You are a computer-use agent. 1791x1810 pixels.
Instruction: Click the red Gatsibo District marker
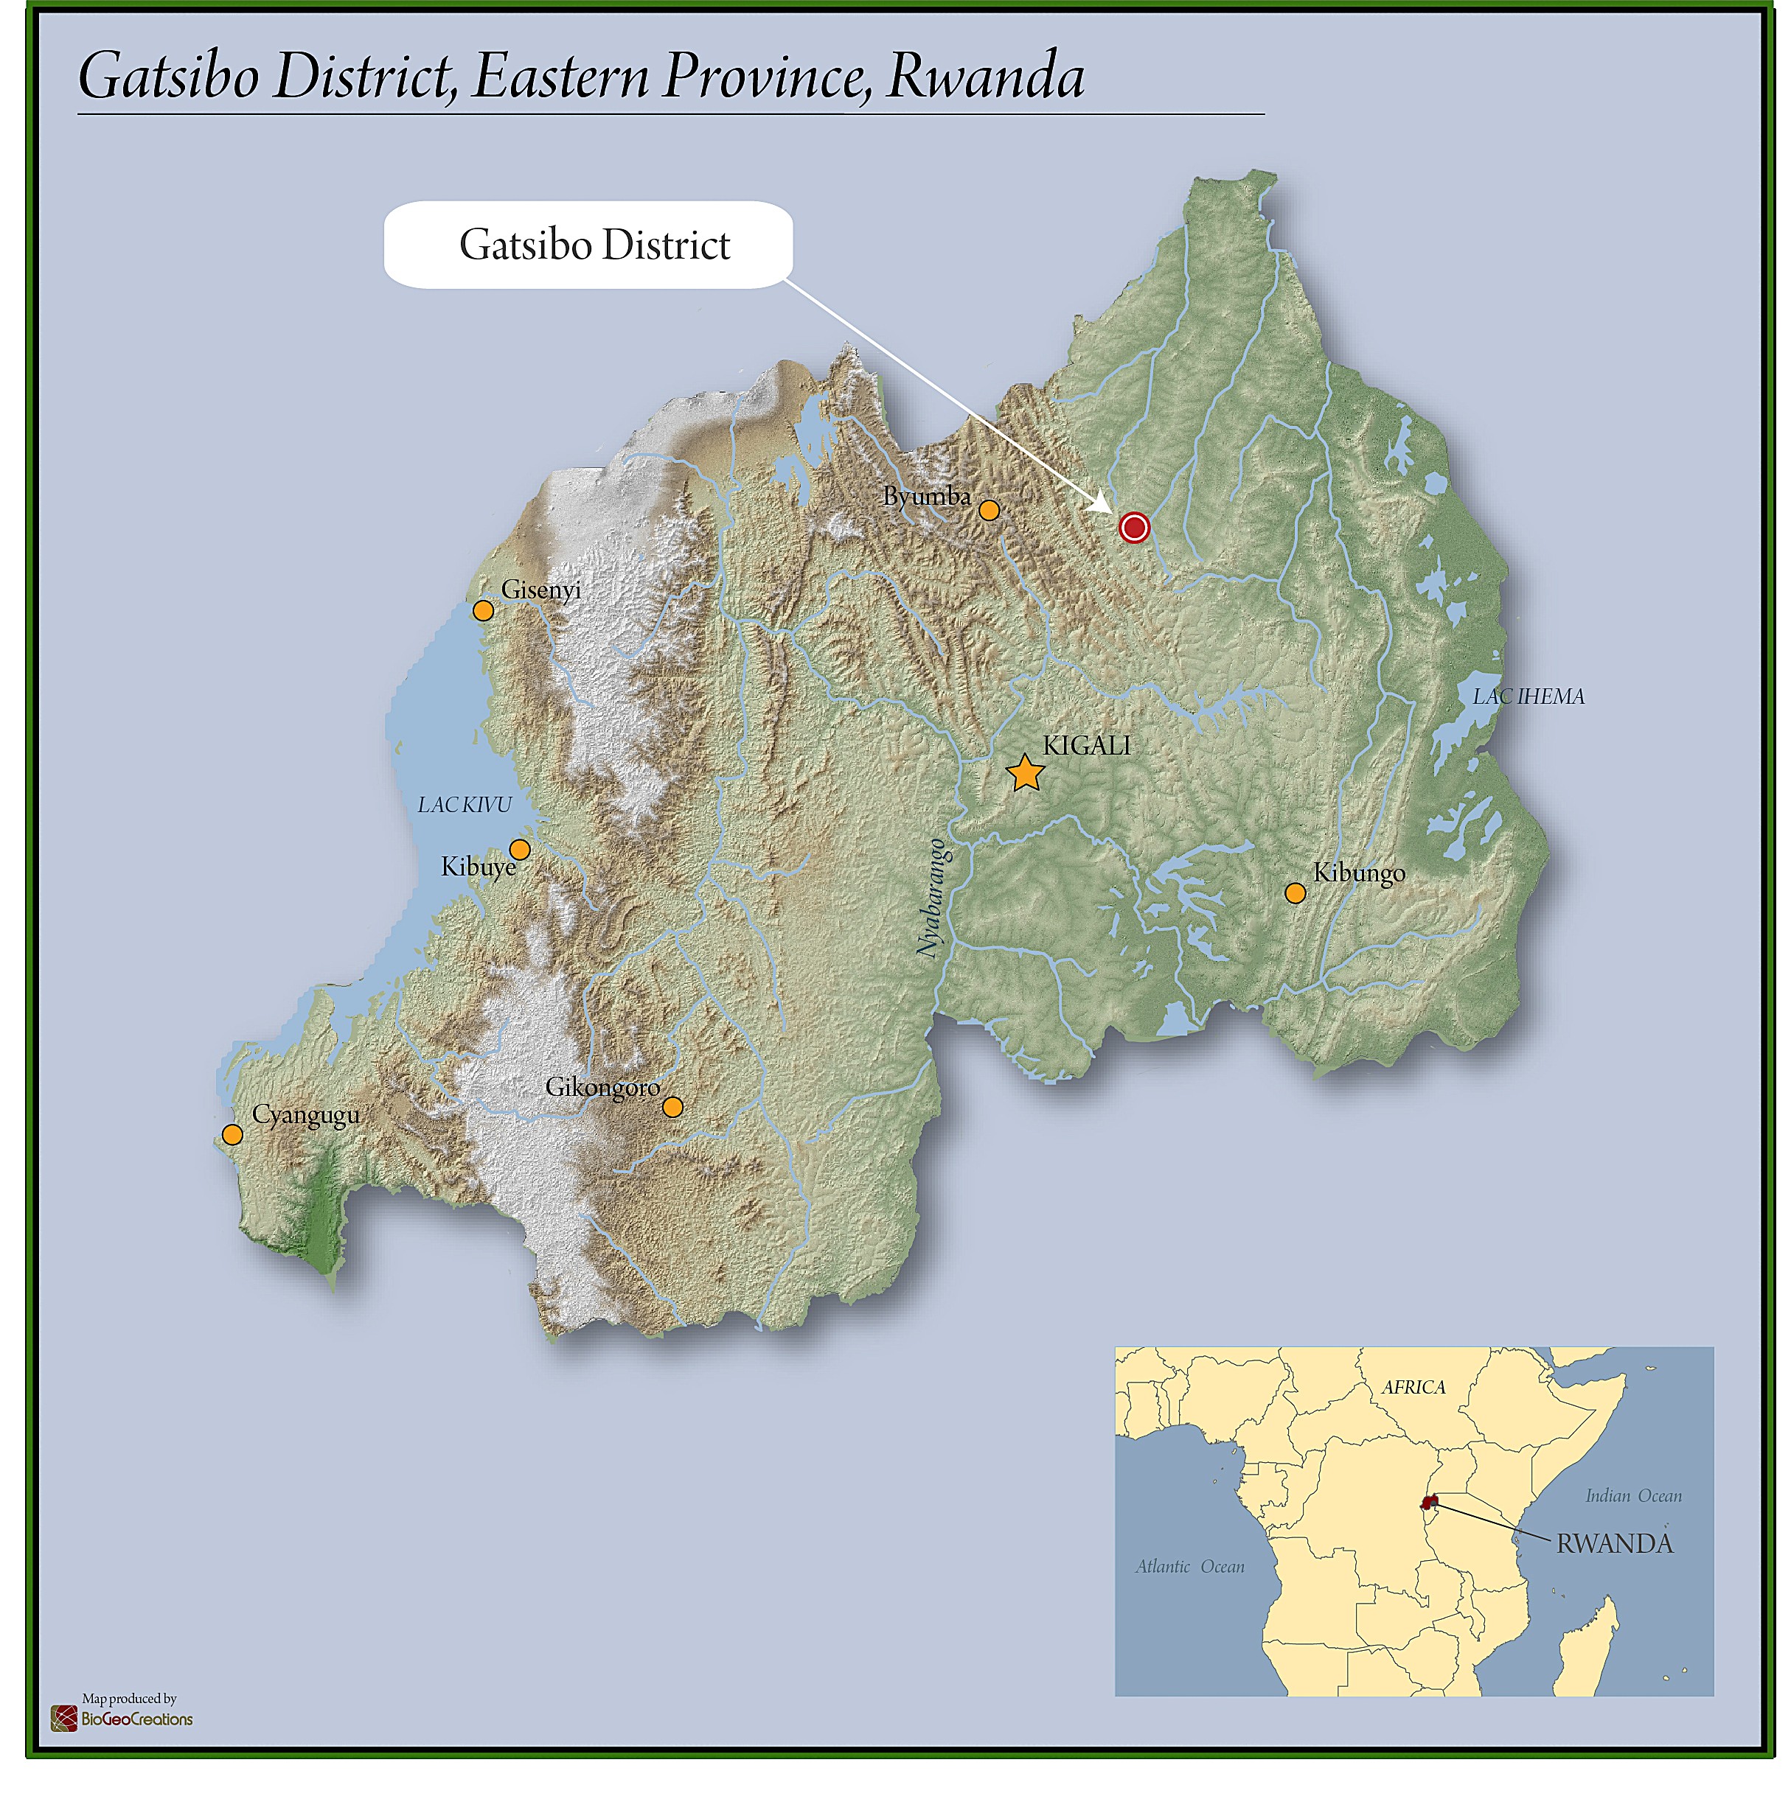pos(1134,528)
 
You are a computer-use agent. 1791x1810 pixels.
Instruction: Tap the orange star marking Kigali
pos(1026,774)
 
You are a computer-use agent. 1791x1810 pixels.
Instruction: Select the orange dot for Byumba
pos(989,510)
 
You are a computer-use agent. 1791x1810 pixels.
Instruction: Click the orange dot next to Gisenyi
pos(483,611)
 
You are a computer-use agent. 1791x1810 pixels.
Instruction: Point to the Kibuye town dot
pos(519,850)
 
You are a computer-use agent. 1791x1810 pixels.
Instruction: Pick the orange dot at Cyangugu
pos(232,1134)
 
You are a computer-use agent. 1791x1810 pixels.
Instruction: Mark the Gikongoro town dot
pos(672,1108)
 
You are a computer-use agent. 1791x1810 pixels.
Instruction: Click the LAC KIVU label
pos(465,805)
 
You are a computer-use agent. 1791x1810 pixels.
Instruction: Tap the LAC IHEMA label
pos(1528,696)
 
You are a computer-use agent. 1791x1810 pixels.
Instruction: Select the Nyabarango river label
pos(931,898)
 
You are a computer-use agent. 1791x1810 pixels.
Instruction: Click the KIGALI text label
pos(1086,746)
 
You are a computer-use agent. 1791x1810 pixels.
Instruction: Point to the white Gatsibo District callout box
pos(588,245)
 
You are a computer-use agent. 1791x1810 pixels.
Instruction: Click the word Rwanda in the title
pos(985,77)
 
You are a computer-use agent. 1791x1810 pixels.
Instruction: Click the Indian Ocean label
pos(1632,1496)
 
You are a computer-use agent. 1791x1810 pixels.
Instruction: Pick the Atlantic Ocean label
pos(1189,1566)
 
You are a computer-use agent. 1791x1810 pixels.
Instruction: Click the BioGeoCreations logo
pos(122,1719)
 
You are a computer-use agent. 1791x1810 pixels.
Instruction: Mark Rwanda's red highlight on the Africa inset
pos(1428,1503)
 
